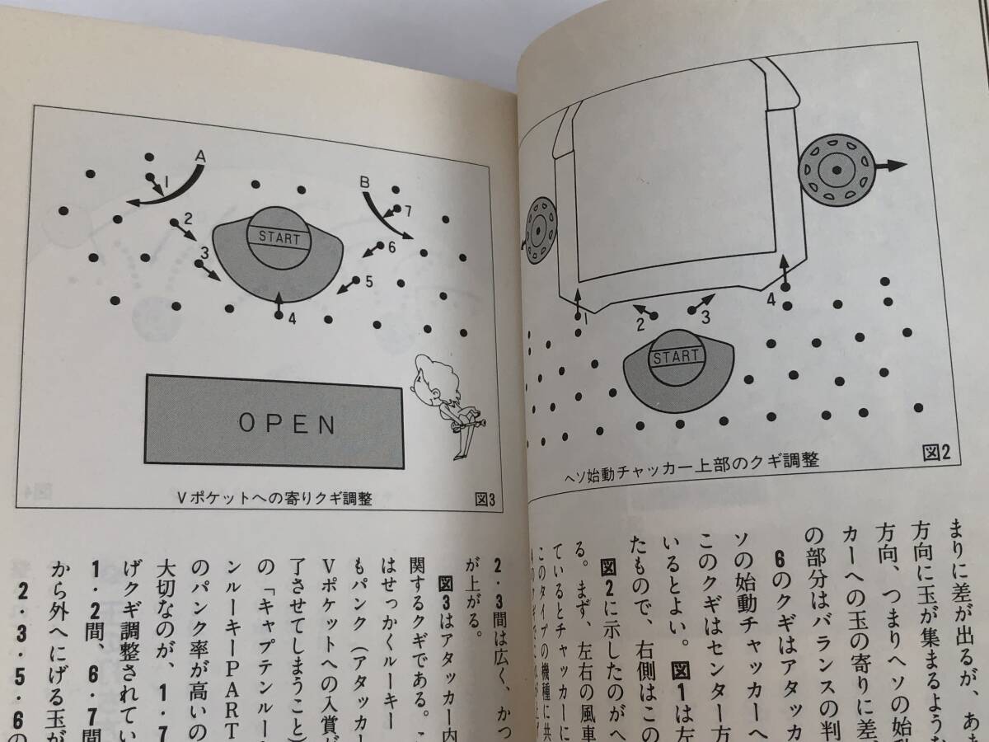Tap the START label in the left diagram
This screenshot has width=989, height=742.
click(279, 237)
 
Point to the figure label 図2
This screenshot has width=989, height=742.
click(937, 452)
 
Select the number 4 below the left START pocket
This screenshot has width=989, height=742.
click(292, 317)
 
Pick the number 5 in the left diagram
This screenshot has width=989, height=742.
click(368, 281)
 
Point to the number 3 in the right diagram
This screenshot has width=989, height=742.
click(705, 314)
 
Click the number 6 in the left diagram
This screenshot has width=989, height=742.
click(391, 247)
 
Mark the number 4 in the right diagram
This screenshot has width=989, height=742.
click(770, 300)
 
